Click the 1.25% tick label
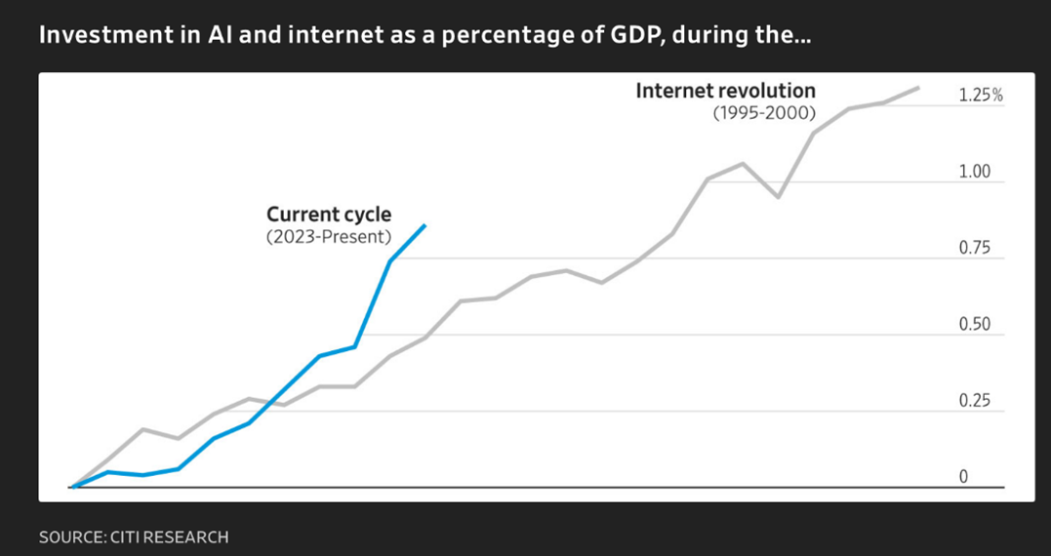click(981, 96)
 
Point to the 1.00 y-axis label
click(975, 172)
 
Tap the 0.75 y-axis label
click(975, 248)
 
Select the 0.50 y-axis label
click(975, 325)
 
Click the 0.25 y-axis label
click(975, 401)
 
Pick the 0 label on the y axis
click(963, 477)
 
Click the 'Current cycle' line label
click(329, 215)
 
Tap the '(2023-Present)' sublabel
click(328, 237)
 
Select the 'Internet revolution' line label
click(725, 91)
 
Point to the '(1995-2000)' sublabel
click(764, 113)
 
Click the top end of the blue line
click(424, 225)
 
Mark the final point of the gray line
click(918, 88)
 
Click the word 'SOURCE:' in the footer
click(72, 536)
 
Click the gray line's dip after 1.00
click(778, 197)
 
